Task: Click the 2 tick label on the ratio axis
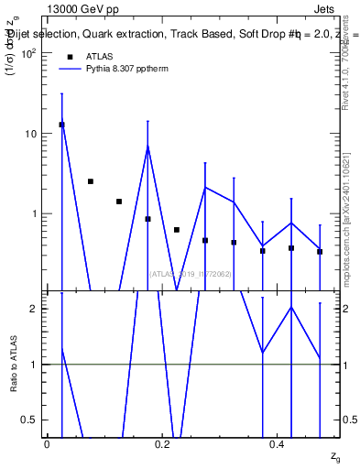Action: click(x=35, y=309)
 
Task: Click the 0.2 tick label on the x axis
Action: click(x=162, y=444)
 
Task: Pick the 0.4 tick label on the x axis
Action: click(x=277, y=444)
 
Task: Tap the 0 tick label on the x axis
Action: click(x=47, y=444)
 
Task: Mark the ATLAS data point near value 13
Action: click(x=61, y=125)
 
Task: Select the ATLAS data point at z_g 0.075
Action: click(x=90, y=181)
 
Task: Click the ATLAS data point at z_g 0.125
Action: click(x=119, y=202)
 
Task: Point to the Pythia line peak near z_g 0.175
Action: click(x=147, y=147)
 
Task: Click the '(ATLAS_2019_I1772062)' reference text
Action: click(x=191, y=273)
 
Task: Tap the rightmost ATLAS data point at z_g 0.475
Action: click(x=320, y=251)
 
